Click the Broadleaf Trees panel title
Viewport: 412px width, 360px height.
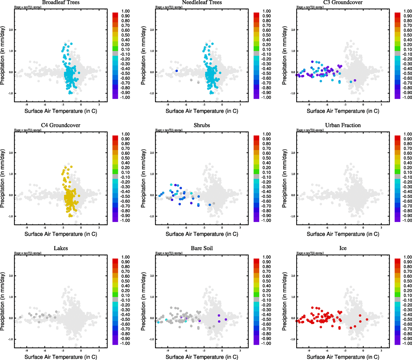61,3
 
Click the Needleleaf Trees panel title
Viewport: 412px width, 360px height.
202,3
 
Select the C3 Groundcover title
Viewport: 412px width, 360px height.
343,3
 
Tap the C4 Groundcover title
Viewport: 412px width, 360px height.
61,125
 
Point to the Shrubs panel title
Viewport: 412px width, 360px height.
202,125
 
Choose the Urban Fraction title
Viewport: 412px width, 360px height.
343,125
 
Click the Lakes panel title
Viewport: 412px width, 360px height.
61,248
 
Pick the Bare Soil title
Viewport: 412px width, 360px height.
202,248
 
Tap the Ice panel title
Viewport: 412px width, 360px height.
343,248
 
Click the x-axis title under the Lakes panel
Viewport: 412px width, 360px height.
61,357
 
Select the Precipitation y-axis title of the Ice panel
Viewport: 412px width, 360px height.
285,301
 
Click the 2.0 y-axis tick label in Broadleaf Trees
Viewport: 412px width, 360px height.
11,30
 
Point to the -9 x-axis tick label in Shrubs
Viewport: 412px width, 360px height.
167,228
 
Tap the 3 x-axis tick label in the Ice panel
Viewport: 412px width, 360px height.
381,351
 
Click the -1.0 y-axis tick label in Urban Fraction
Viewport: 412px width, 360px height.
293,216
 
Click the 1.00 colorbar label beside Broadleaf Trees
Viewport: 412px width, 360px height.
125,11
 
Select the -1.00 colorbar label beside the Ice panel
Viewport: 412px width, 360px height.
407,343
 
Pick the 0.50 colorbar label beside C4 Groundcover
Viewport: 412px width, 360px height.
125,158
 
